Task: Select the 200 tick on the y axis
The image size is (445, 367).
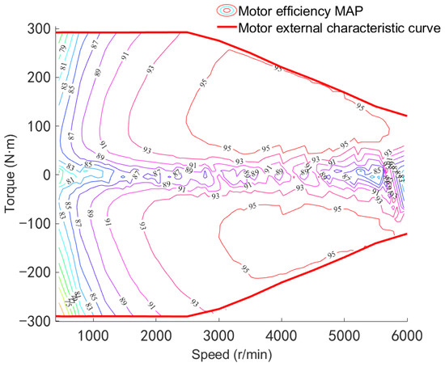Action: coord(39,78)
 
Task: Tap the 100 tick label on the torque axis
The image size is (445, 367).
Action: coord(39,126)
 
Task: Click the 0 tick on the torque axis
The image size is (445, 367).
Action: coord(45,175)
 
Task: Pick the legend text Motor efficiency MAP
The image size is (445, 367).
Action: coord(304,10)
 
